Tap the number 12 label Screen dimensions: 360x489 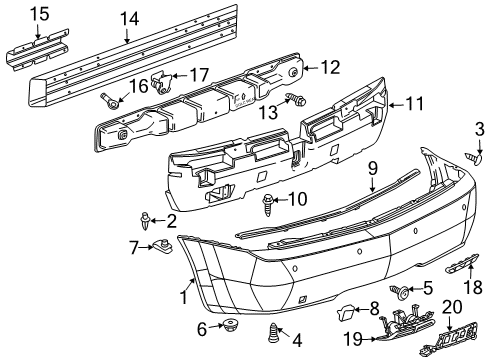pyautogui.click(x=329, y=67)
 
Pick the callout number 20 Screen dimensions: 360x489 pyautogui.click(x=451, y=307)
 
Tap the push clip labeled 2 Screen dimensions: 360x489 pyautogui.click(x=147, y=219)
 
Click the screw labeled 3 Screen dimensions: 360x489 pyautogui.click(x=476, y=157)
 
